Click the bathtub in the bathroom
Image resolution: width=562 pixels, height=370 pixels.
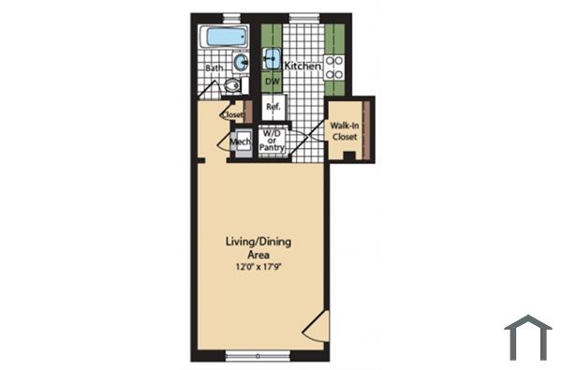(224, 39)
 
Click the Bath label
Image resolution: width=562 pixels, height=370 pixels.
(213, 68)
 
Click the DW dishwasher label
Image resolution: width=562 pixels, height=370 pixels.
(273, 81)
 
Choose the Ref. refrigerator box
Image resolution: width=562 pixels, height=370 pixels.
(274, 108)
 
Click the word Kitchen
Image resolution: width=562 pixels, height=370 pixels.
(303, 67)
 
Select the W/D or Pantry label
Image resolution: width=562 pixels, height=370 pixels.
(273, 141)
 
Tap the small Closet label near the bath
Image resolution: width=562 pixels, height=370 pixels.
(232, 115)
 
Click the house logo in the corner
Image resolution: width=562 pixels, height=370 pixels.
(528, 336)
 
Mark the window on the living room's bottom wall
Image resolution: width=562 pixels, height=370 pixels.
(257, 356)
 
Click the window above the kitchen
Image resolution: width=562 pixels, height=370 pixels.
(303, 17)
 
